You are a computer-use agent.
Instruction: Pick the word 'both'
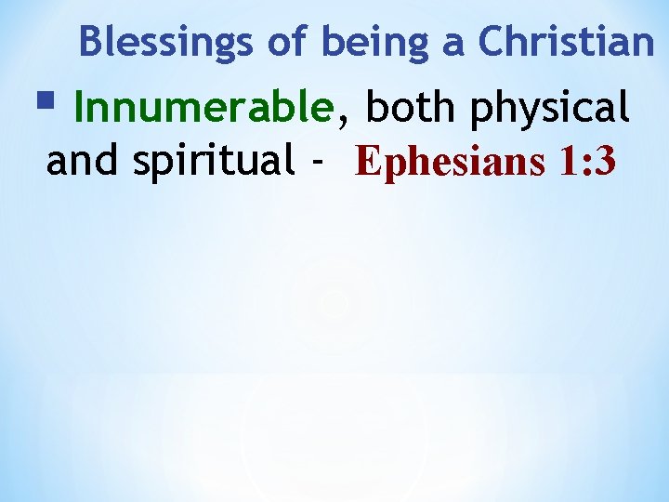[x=414, y=109]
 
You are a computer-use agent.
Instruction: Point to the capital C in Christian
[x=491, y=42]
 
